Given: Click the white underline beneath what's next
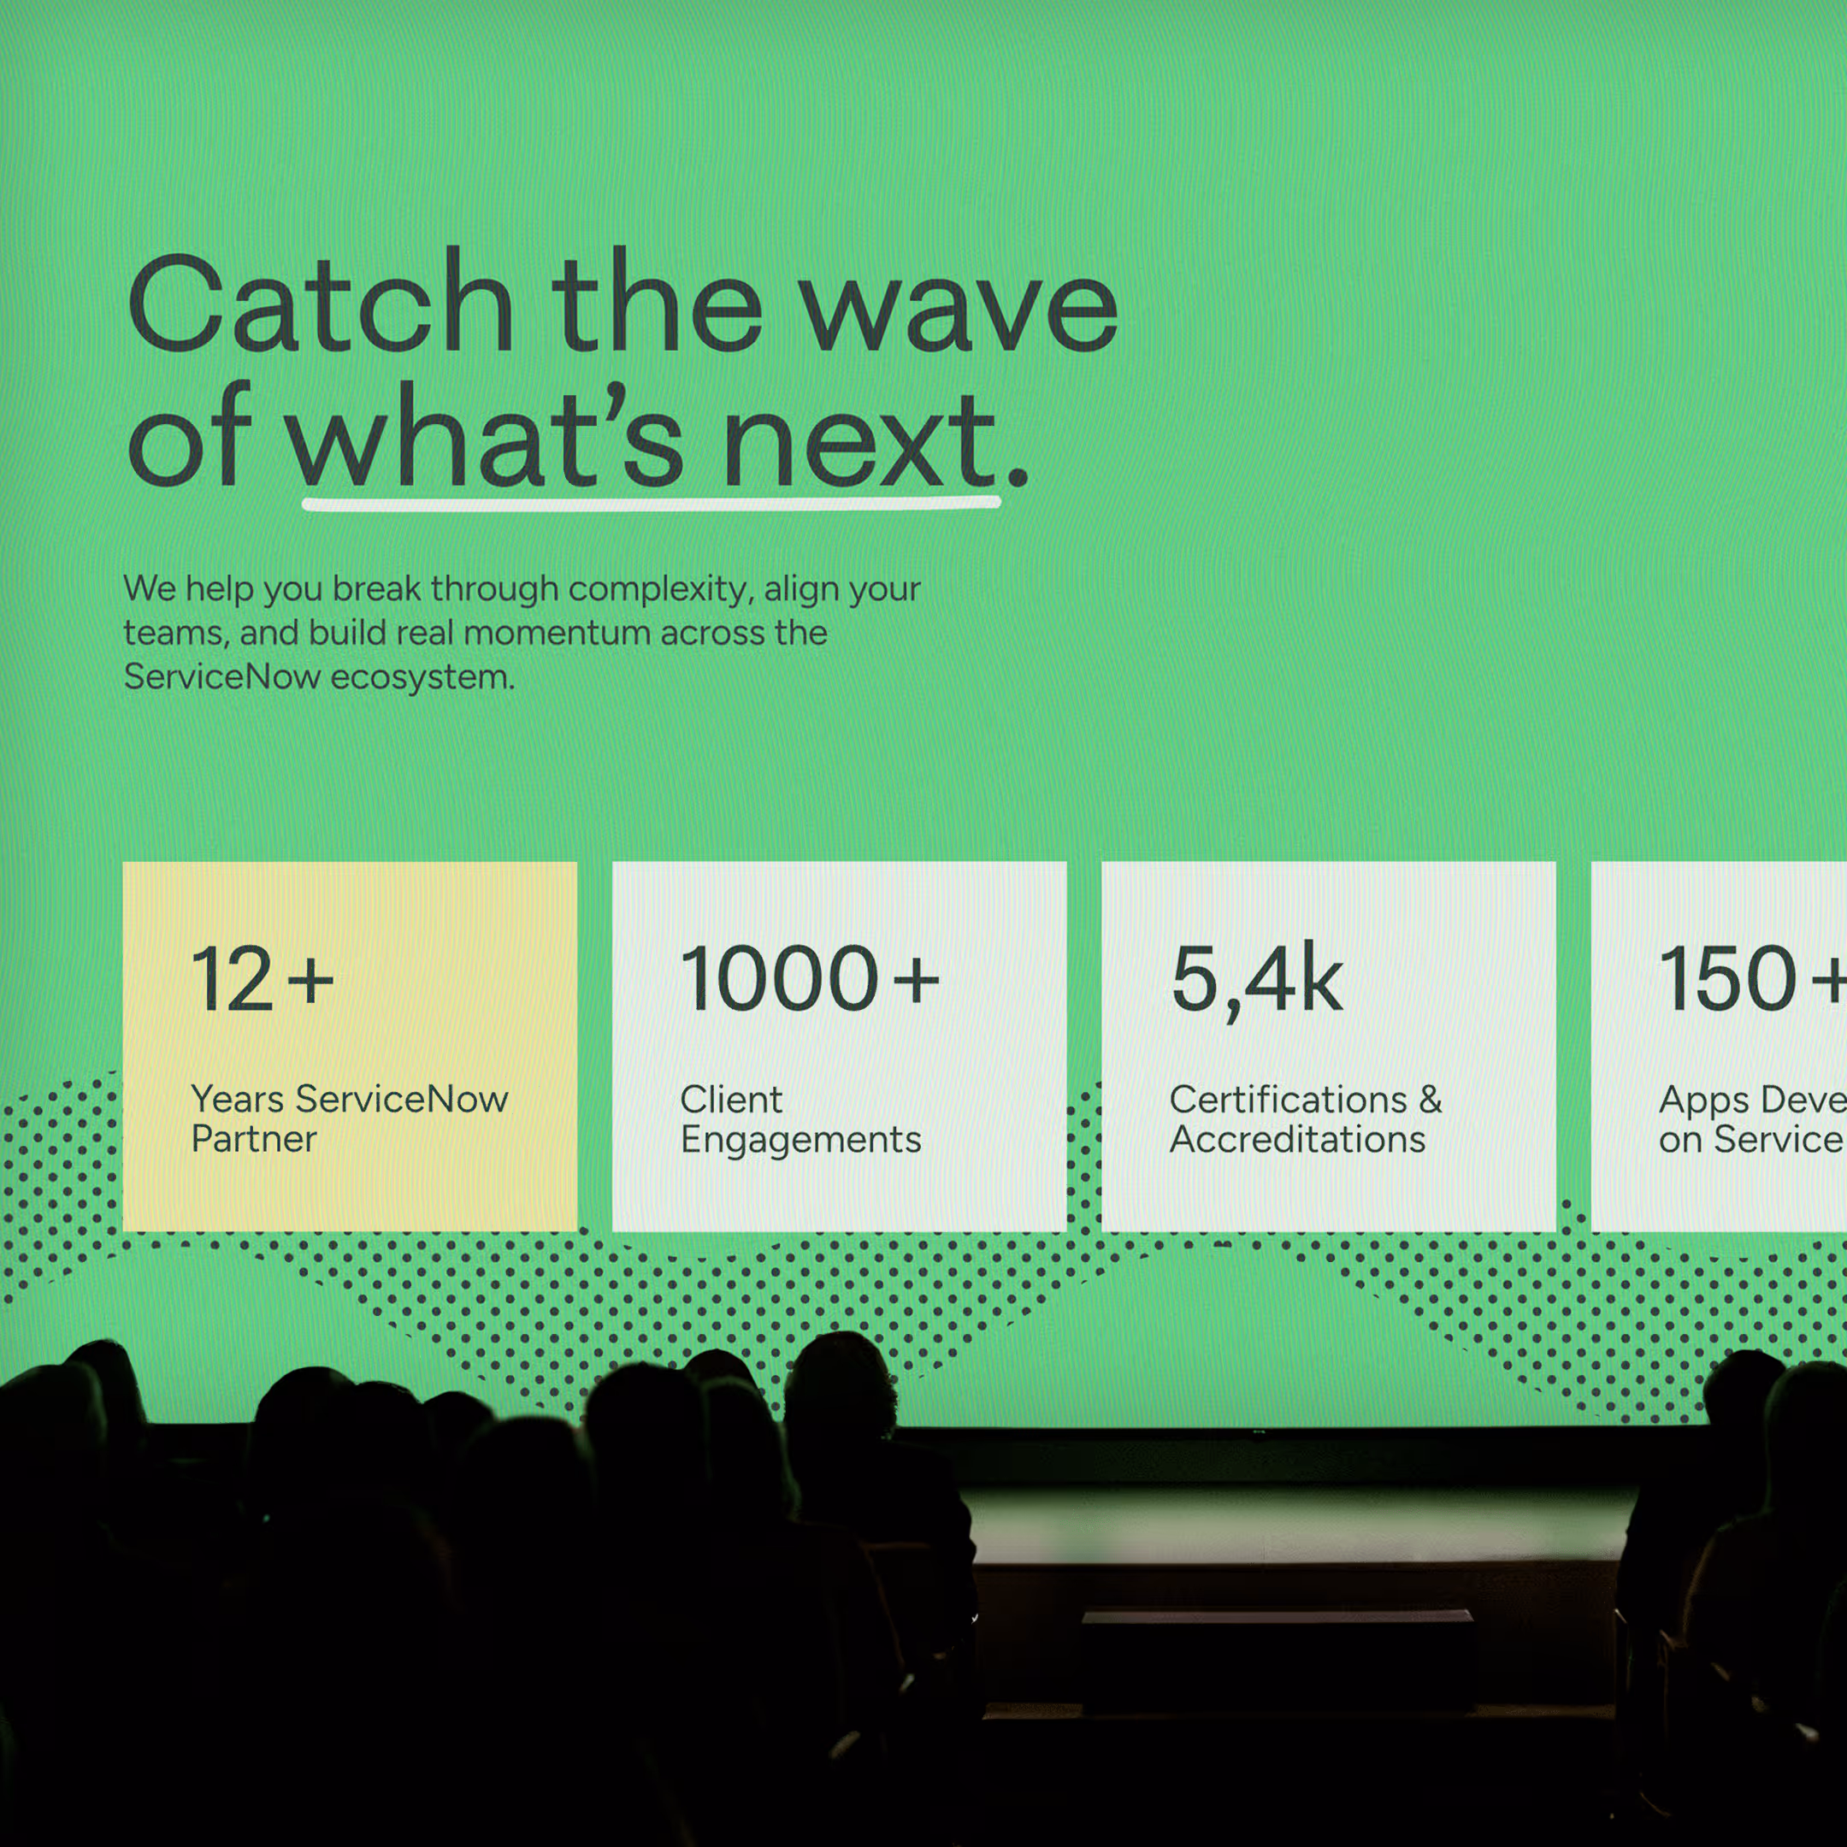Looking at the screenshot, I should [x=650, y=503].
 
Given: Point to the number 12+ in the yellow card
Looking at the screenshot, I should [x=262, y=979].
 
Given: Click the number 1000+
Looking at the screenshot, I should [x=809, y=979].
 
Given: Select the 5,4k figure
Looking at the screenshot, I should [x=1256, y=981].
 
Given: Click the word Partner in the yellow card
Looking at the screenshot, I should [x=253, y=1140].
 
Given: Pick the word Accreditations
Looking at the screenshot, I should [x=1297, y=1140].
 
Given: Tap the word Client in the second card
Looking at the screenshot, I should [x=730, y=1100].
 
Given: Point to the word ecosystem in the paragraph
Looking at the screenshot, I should [x=422, y=678].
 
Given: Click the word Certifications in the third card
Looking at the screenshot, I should [x=1288, y=1100].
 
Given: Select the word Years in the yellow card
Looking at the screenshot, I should [x=237, y=1100].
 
